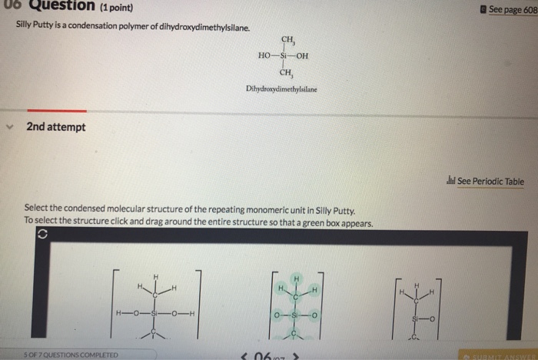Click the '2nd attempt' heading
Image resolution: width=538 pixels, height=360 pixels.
click(56, 126)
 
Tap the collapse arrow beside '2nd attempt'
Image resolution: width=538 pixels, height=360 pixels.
click(11, 127)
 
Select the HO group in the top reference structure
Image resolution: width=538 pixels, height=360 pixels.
click(266, 56)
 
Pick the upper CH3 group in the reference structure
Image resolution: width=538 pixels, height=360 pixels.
click(288, 40)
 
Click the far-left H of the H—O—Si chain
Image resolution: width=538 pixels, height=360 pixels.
click(118, 312)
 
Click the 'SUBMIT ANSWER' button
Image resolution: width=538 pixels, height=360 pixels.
click(499, 355)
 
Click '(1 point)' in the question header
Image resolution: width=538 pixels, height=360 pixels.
click(114, 8)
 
